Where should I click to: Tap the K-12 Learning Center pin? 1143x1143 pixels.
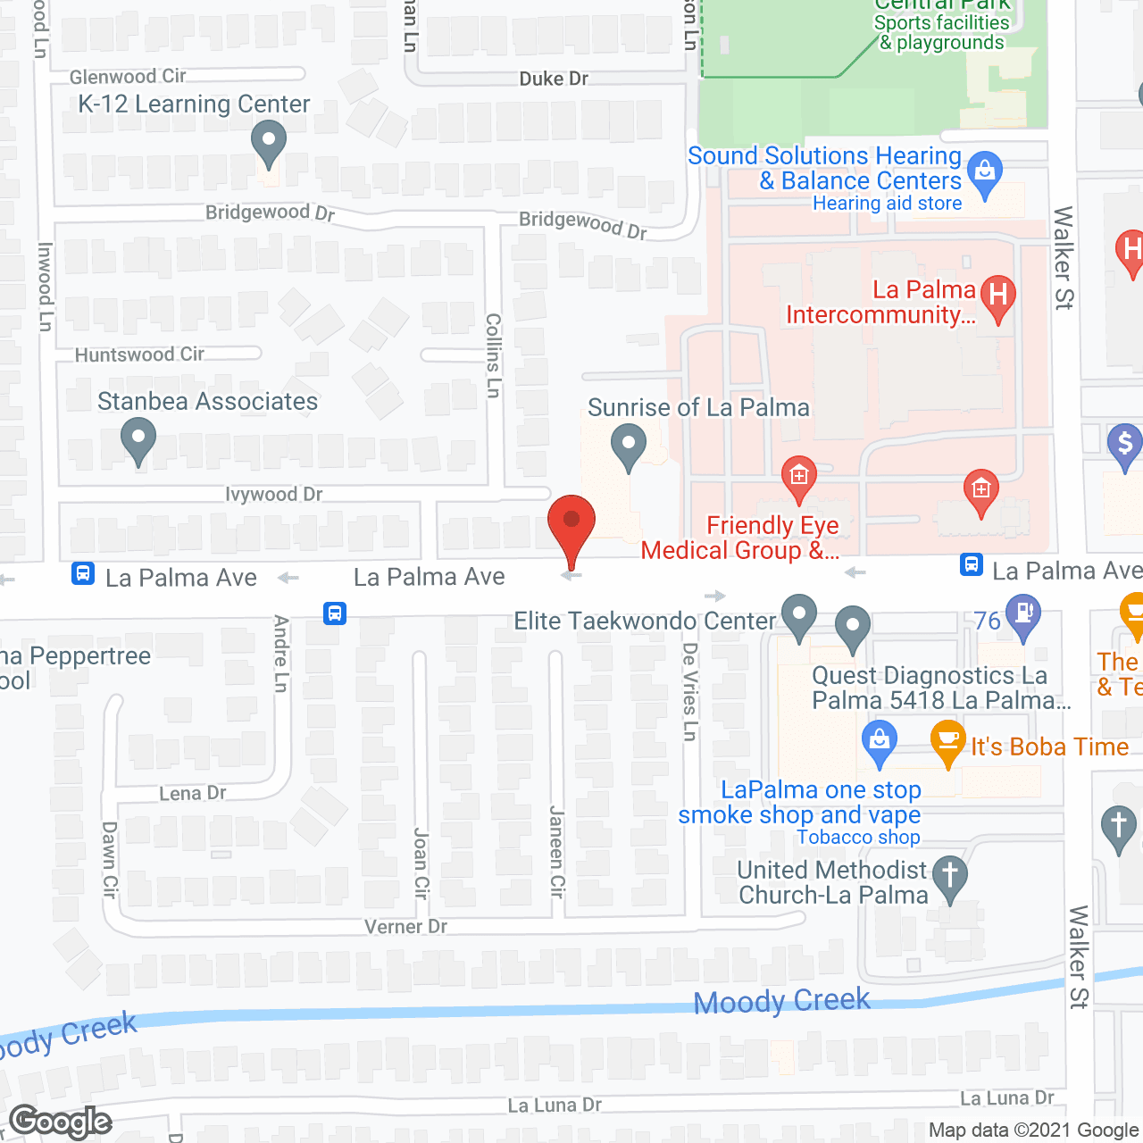coord(268,143)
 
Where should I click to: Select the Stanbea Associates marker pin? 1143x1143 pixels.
coord(138,441)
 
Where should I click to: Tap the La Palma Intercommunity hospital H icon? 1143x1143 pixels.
coord(997,296)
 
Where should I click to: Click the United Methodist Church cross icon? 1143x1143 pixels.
coord(950,875)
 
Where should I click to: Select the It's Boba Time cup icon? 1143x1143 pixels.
coord(947,741)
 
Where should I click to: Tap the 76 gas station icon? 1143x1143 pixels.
coord(1023,615)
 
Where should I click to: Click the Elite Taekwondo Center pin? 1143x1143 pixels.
coord(799,615)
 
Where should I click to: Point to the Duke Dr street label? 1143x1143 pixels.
coord(554,79)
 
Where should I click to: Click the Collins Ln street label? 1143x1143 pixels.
coord(493,355)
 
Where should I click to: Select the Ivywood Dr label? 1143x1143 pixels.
coord(273,494)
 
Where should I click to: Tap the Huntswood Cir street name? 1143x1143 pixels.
coord(139,355)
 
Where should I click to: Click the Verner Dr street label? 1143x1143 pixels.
coord(405,927)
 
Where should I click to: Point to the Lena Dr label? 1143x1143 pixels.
coord(193,793)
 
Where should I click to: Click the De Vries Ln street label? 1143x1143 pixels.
coord(689,691)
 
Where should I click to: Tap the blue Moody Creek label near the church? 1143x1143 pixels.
coord(782,1001)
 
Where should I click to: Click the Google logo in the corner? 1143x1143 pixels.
coord(61,1122)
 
